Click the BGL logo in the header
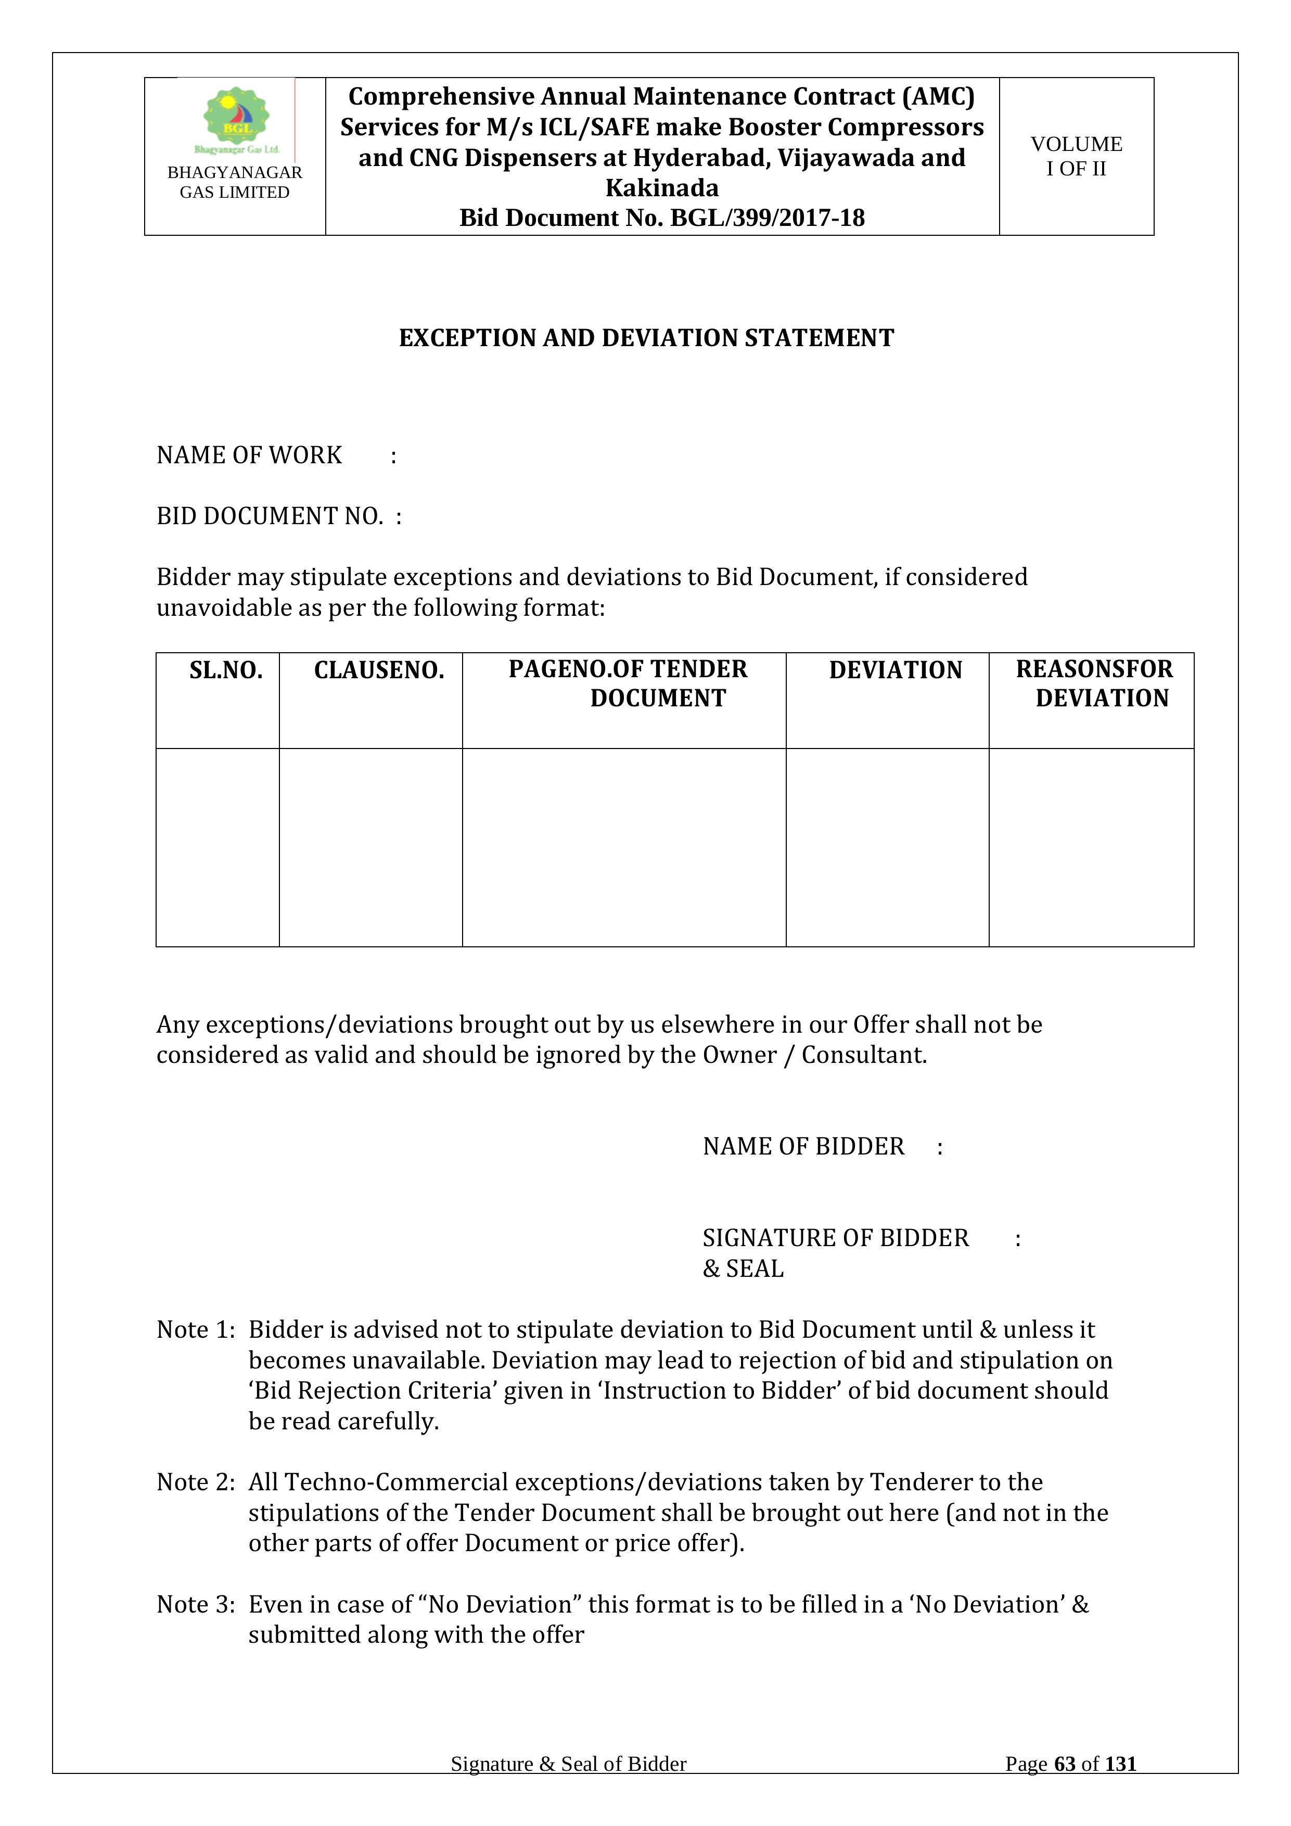[x=236, y=119]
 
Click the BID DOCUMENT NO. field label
[x=270, y=516]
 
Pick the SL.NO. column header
[x=226, y=670]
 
